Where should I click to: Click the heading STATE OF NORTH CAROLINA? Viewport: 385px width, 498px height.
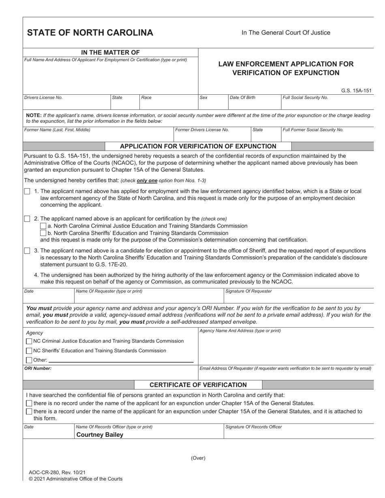click(90, 33)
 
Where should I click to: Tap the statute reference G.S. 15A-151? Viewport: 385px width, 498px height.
click(356, 91)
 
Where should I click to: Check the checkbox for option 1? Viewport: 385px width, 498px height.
click(27, 191)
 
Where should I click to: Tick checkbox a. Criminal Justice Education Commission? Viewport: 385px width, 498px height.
click(43, 226)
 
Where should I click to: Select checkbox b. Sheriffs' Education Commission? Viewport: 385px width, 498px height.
click(43, 233)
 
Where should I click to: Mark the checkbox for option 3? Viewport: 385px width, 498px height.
click(27, 251)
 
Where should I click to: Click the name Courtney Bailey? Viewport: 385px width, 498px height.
click(100, 435)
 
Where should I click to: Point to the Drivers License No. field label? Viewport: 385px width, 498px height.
click(43, 98)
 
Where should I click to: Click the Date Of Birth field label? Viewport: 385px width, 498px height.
click(242, 98)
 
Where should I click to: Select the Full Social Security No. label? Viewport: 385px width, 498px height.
click(305, 98)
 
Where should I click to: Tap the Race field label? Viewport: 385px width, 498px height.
click(146, 98)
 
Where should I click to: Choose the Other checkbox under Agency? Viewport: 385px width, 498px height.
click(29, 360)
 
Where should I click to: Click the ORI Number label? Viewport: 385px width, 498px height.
click(38, 368)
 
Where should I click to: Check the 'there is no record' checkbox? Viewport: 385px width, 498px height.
click(29, 403)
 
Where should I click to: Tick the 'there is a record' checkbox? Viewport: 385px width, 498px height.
click(29, 411)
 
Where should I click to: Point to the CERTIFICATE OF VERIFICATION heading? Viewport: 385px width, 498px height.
click(198, 385)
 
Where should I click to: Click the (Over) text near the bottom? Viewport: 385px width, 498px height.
click(198, 458)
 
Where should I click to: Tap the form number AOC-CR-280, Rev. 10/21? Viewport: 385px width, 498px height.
click(57, 472)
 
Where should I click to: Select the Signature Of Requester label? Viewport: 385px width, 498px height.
click(248, 291)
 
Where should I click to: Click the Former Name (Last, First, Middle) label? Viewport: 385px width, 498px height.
click(57, 130)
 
